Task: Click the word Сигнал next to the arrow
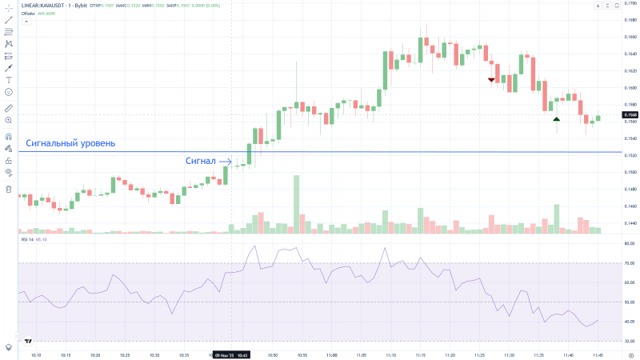pos(200,161)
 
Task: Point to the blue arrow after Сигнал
pos(225,162)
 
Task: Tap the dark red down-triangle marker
pos(492,80)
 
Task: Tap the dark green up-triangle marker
pos(556,119)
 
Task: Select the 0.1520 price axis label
pos(630,155)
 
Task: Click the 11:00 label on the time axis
pos(331,354)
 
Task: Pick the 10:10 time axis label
pos(36,354)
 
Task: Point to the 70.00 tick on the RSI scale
pos(630,263)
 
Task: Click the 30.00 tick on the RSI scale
pos(630,342)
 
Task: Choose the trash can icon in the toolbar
pos(9,190)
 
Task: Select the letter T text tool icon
pos(9,80)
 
